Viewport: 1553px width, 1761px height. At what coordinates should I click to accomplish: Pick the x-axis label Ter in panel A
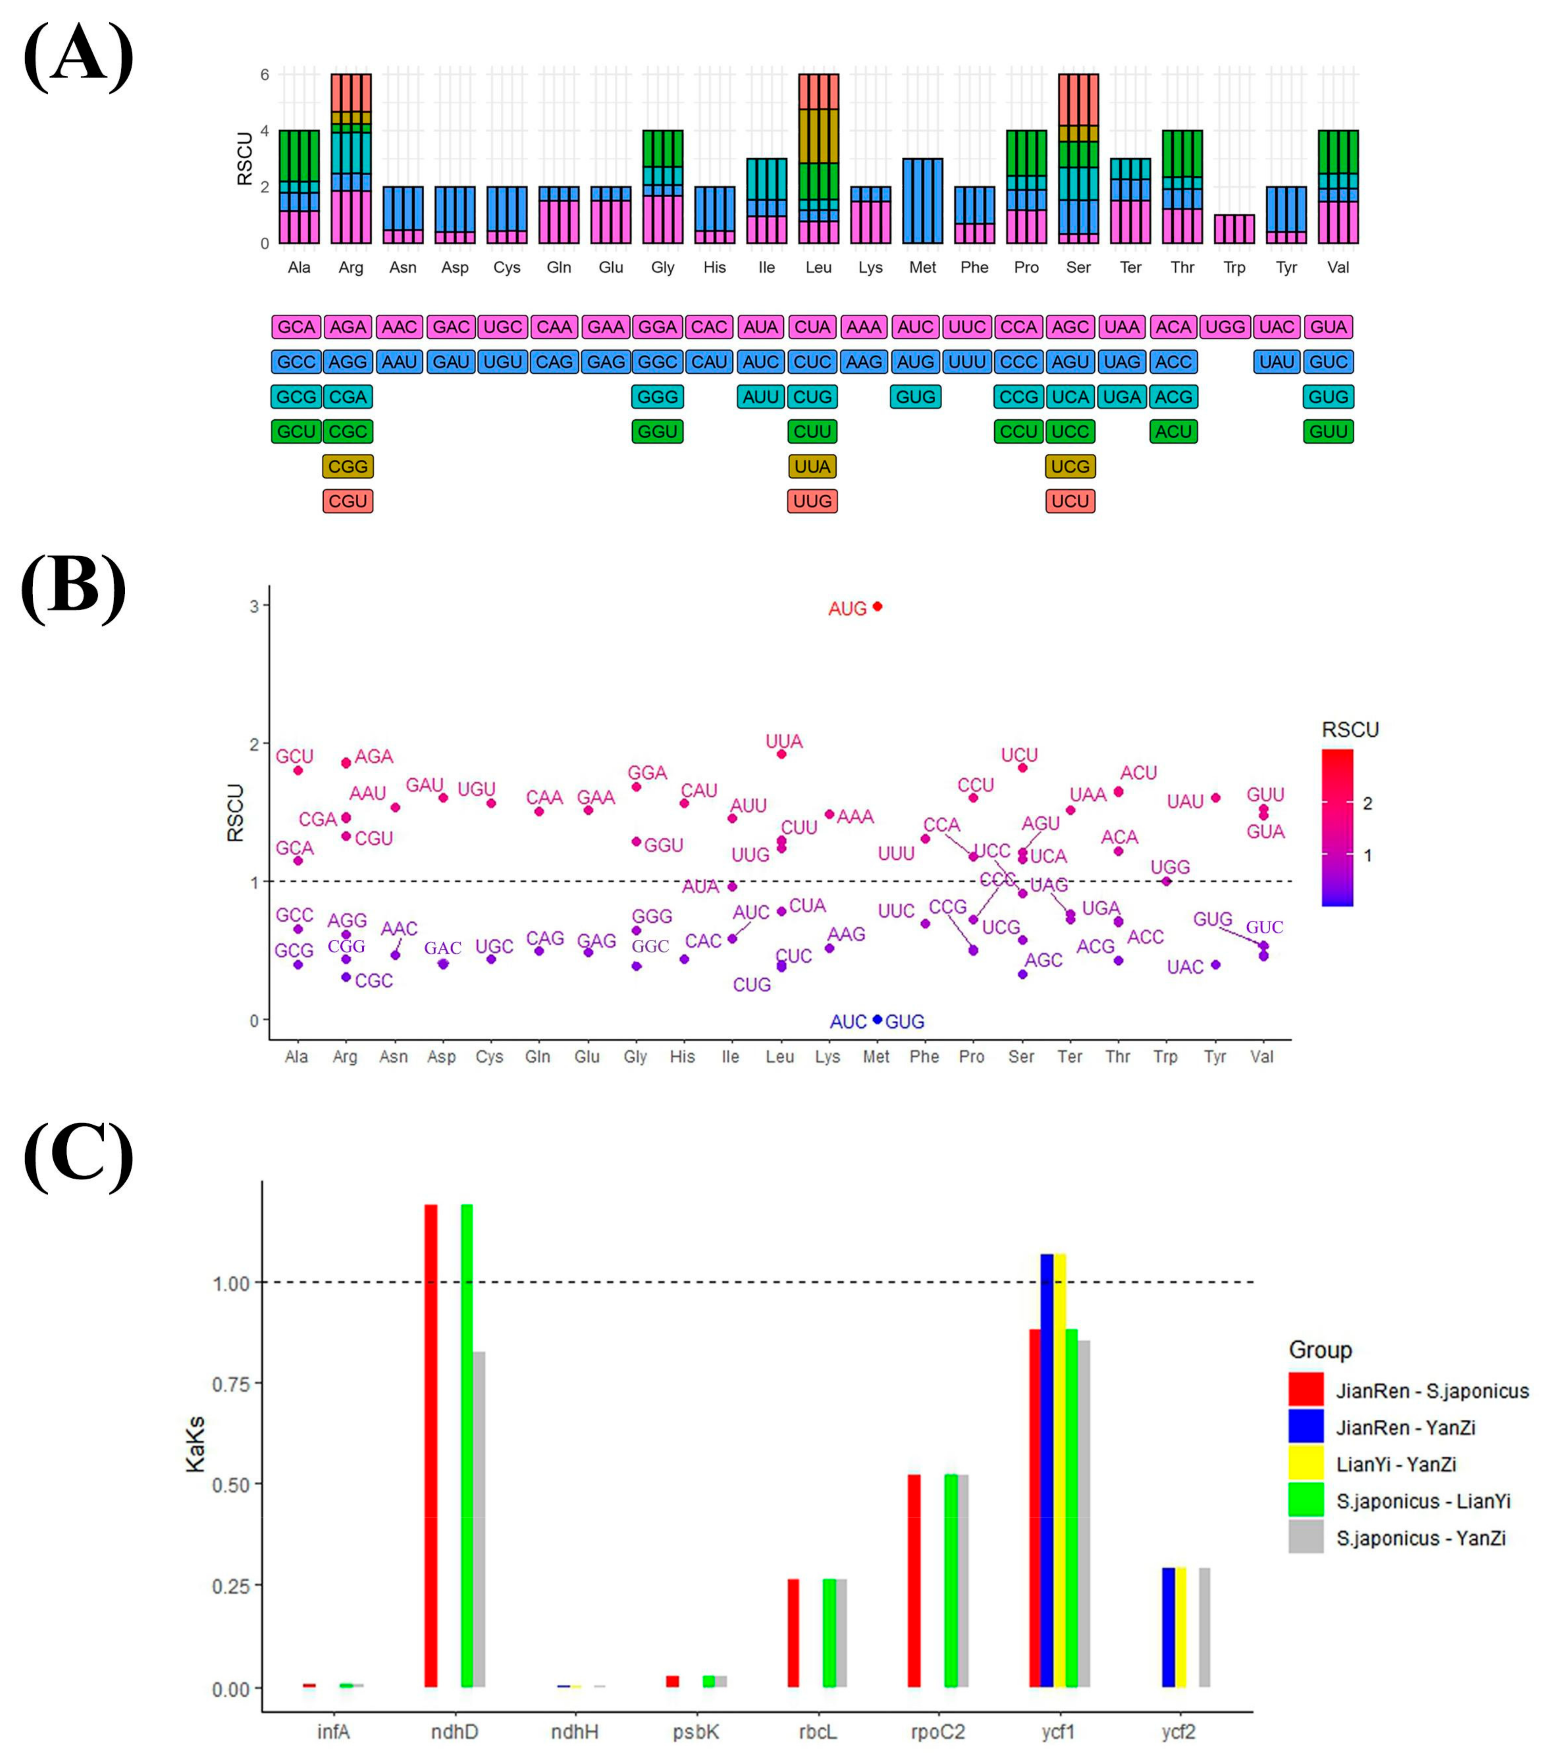click(1130, 267)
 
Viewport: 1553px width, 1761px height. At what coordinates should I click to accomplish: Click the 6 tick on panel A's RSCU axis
click(265, 75)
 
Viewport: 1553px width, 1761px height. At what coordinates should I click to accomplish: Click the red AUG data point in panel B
click(877, 606)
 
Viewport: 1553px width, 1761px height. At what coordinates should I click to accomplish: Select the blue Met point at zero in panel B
click(877, 1019)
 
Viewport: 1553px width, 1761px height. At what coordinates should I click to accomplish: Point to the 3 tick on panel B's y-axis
click(254, 606)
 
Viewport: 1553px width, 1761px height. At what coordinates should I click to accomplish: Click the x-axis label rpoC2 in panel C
click(938, 1732)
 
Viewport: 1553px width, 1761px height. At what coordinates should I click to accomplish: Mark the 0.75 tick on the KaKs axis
click(231, 1384)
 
